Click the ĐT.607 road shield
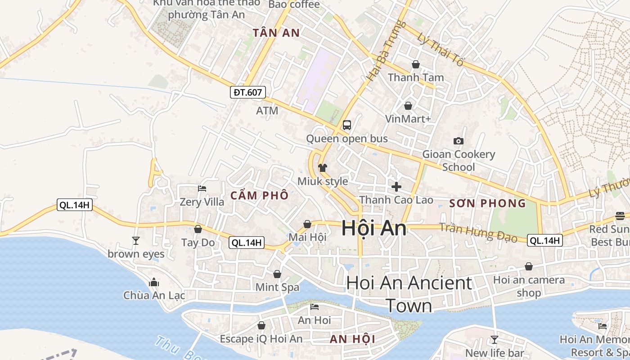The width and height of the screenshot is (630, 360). [x=248, y=93]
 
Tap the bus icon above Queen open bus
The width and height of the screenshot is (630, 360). [x=347, y=125]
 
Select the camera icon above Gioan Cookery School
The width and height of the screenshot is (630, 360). [x=459, y=141]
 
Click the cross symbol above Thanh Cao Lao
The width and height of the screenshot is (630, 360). [x=396, y=186]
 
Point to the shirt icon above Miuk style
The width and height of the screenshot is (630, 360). [x=323, y=168]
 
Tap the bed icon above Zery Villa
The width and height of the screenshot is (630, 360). [x=202, y=189]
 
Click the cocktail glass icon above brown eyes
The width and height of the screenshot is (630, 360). [x=136, y=241]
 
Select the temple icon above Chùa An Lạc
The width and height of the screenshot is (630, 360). [x=154, y=282]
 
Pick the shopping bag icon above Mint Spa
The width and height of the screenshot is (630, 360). [x=277, y=274]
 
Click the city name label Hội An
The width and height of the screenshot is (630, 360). [x=374, y=228]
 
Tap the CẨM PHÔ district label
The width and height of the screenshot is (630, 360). [x=259, y=196]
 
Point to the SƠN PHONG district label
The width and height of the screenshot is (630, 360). [x=488, y=203]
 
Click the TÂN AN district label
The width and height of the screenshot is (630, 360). [x=276, y=33]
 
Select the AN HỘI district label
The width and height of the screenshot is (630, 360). [x=352, y=339]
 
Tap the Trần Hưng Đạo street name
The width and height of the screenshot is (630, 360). [x=478, y=232]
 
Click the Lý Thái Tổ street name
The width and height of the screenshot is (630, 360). [x=440, y=49]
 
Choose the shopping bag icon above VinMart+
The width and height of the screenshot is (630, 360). [x=408, y=106]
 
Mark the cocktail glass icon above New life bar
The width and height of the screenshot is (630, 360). [x=495, y=340]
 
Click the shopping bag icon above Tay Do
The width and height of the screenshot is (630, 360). [x=198, y=229]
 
